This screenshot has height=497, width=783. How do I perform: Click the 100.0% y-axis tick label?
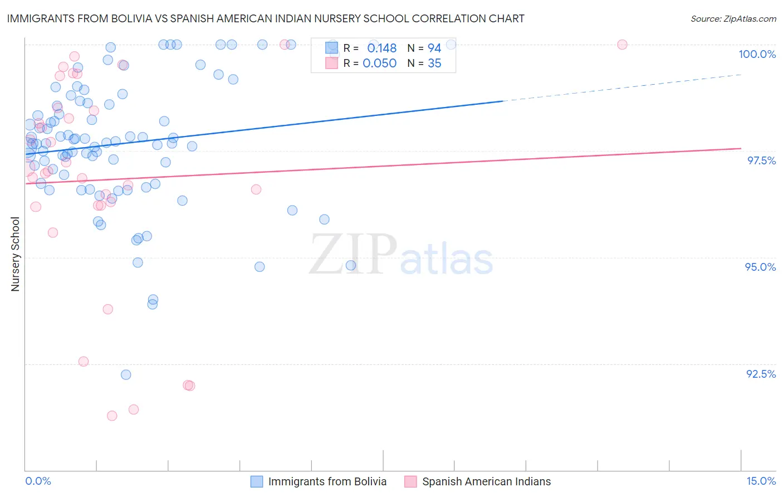(757, 54)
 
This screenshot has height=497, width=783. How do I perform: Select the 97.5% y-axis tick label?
(761, 160)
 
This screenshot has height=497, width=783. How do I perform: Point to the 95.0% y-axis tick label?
(760, 267)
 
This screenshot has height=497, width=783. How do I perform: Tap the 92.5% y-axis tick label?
(761, 374)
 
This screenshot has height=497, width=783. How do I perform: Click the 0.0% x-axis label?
(38, 481)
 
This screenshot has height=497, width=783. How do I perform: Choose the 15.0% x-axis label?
(761, 481)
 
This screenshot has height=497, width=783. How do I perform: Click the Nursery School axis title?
(16, 254)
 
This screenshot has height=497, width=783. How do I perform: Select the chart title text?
(265, 18)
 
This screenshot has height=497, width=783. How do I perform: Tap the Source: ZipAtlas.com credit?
(733, 19)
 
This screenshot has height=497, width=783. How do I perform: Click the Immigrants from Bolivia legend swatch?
(257, 482)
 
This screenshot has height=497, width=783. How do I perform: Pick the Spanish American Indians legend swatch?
(410, 482)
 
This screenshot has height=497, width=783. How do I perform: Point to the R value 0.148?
(381, 48)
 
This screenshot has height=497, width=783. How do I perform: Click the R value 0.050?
(379, 64)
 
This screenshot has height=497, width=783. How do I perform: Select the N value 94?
(434, 48)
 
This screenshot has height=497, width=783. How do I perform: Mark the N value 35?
(434, 64)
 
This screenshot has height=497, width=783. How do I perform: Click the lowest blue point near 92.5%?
(126, 375)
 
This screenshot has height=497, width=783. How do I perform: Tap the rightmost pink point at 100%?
(622, 45)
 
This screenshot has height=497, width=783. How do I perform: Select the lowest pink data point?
(112, 416)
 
